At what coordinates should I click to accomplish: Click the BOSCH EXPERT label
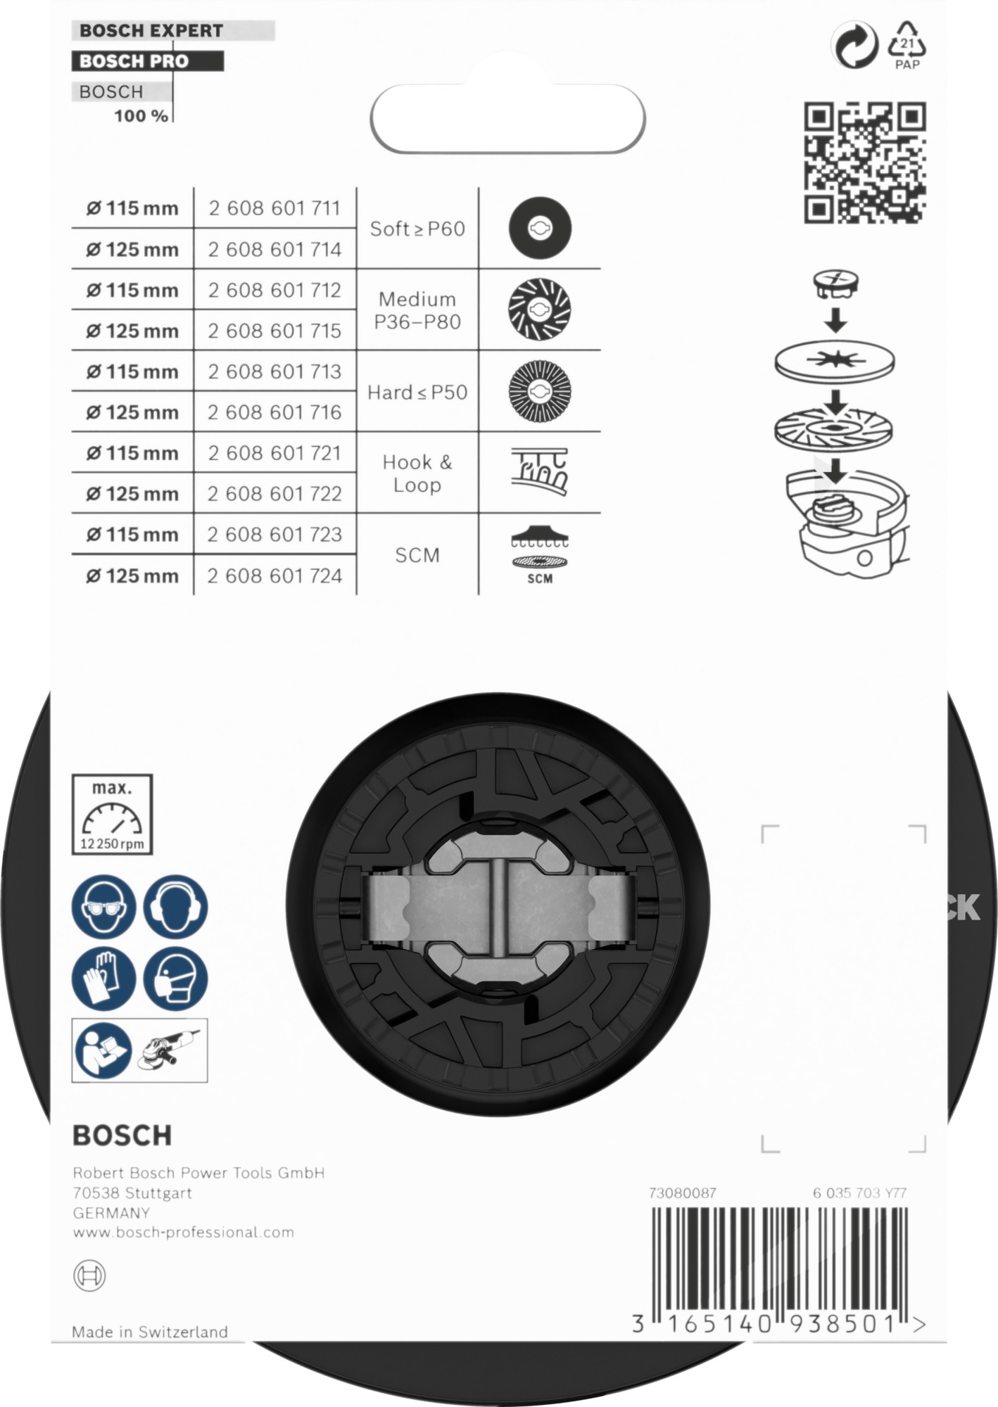[151, 31]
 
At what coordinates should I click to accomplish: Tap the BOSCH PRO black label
[134, 61]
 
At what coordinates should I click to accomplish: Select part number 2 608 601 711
[274, 208]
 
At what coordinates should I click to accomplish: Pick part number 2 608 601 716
[274, 412]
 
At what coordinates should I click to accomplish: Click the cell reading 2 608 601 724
[274, 575]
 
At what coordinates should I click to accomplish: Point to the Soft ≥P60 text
[417, 229]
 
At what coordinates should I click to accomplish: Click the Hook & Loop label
[417, 473]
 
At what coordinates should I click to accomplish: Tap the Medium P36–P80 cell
[417, 310]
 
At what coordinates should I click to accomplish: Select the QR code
[865, 163]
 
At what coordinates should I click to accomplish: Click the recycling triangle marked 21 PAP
[907, 45]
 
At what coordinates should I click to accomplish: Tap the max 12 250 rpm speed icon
[112, 815]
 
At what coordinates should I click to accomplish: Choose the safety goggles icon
[103, 907]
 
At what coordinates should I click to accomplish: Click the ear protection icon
[175, 907]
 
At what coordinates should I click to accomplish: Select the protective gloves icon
[103, 979]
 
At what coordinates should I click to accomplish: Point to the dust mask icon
[175, 979]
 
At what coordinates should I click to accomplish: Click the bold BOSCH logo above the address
[122, 1135]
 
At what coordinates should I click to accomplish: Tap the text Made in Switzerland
[150, 1332]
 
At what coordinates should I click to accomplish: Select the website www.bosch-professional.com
[184, 1232]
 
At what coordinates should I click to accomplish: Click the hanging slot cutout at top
[507, 119]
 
